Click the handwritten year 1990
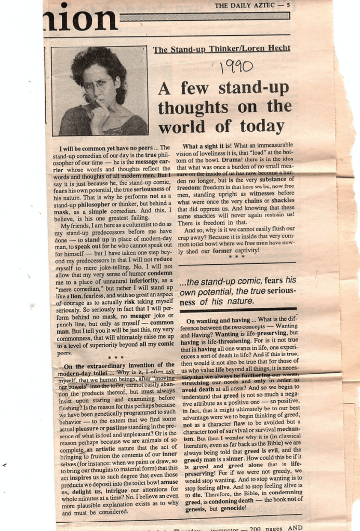237,66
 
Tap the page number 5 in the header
288,6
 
